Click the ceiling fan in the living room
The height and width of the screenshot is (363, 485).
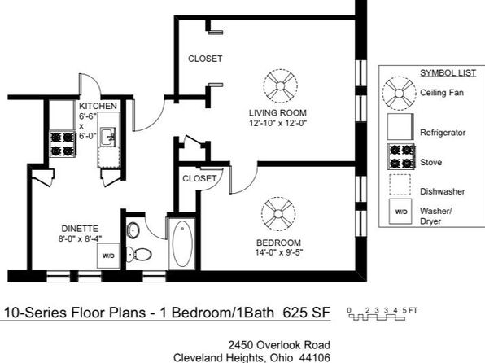(281, 86)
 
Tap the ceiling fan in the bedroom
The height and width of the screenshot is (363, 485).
(278, 214)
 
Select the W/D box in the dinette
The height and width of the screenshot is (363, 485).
(108, 256)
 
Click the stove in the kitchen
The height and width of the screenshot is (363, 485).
(62, 144)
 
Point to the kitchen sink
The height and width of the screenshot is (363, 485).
(108, 137)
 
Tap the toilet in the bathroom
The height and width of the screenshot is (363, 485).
(138, 255)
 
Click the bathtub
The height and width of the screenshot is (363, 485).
(182, 244)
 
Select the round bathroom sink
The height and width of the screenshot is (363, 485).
(133, 230)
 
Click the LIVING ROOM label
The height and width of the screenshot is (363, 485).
(277, 113)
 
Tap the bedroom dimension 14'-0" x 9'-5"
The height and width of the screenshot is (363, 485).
(278, 253)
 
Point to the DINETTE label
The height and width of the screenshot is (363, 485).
(80, 229)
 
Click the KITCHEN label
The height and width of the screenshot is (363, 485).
(98, 106)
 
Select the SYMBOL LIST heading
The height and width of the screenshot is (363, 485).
(448, 73)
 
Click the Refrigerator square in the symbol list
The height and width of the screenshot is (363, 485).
(400, 127)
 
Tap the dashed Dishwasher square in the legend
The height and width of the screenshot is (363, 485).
(400, 185)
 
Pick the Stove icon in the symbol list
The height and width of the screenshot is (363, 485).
(401, 156)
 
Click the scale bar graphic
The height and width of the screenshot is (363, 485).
(377, 317)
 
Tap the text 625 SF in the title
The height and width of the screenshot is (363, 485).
(307, 313)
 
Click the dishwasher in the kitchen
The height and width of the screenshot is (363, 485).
(109, 158)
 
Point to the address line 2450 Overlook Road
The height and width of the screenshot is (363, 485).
(279, 345)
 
